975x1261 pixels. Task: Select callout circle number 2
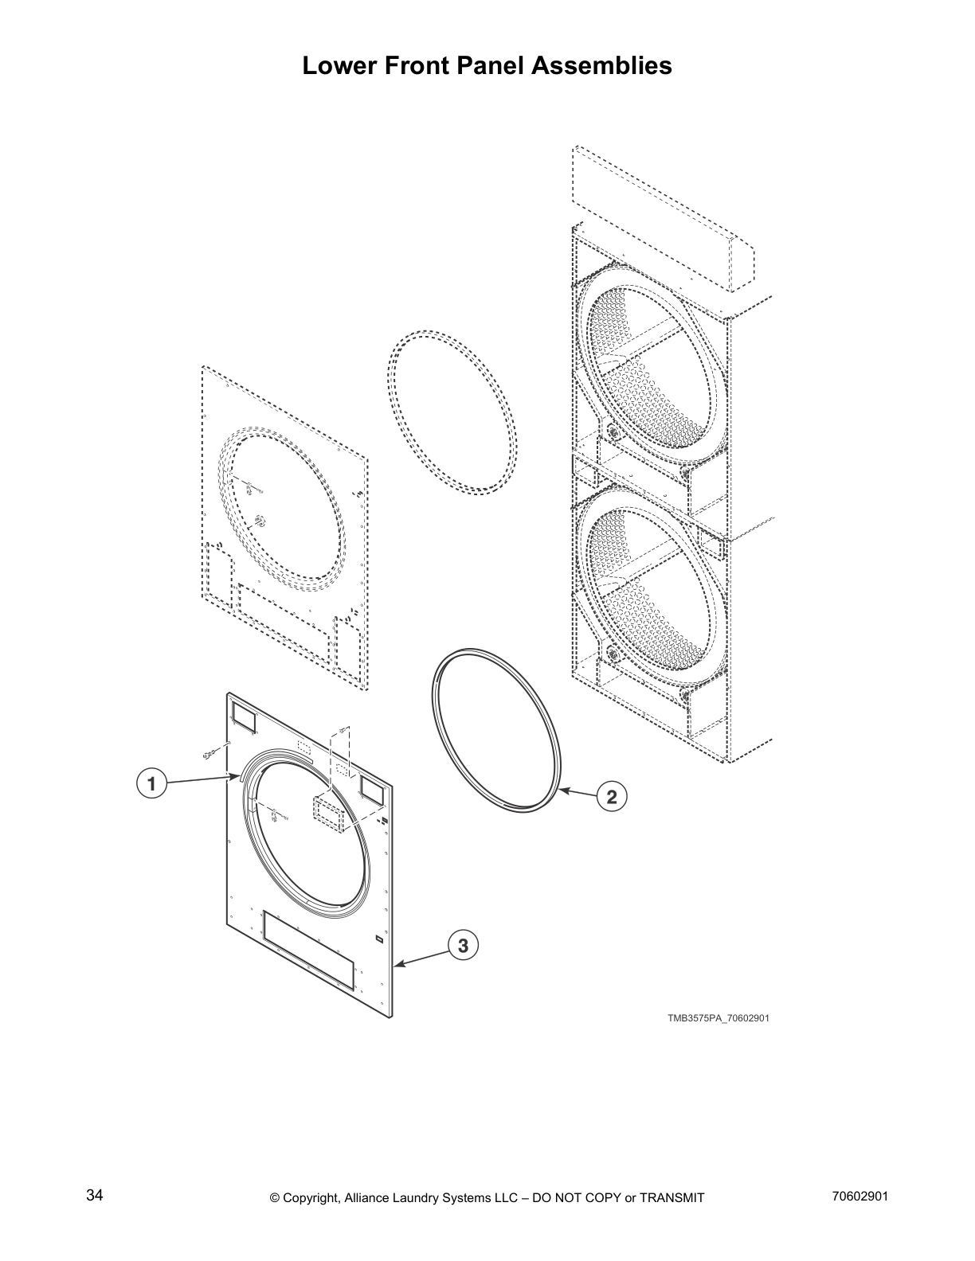612,797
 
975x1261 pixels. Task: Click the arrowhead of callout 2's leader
562,790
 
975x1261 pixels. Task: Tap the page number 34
95,1196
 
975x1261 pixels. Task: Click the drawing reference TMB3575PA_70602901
718,1017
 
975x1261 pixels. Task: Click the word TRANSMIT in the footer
672,1197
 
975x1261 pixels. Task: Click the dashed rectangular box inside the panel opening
328,814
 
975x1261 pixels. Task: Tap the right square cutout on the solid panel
371,788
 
